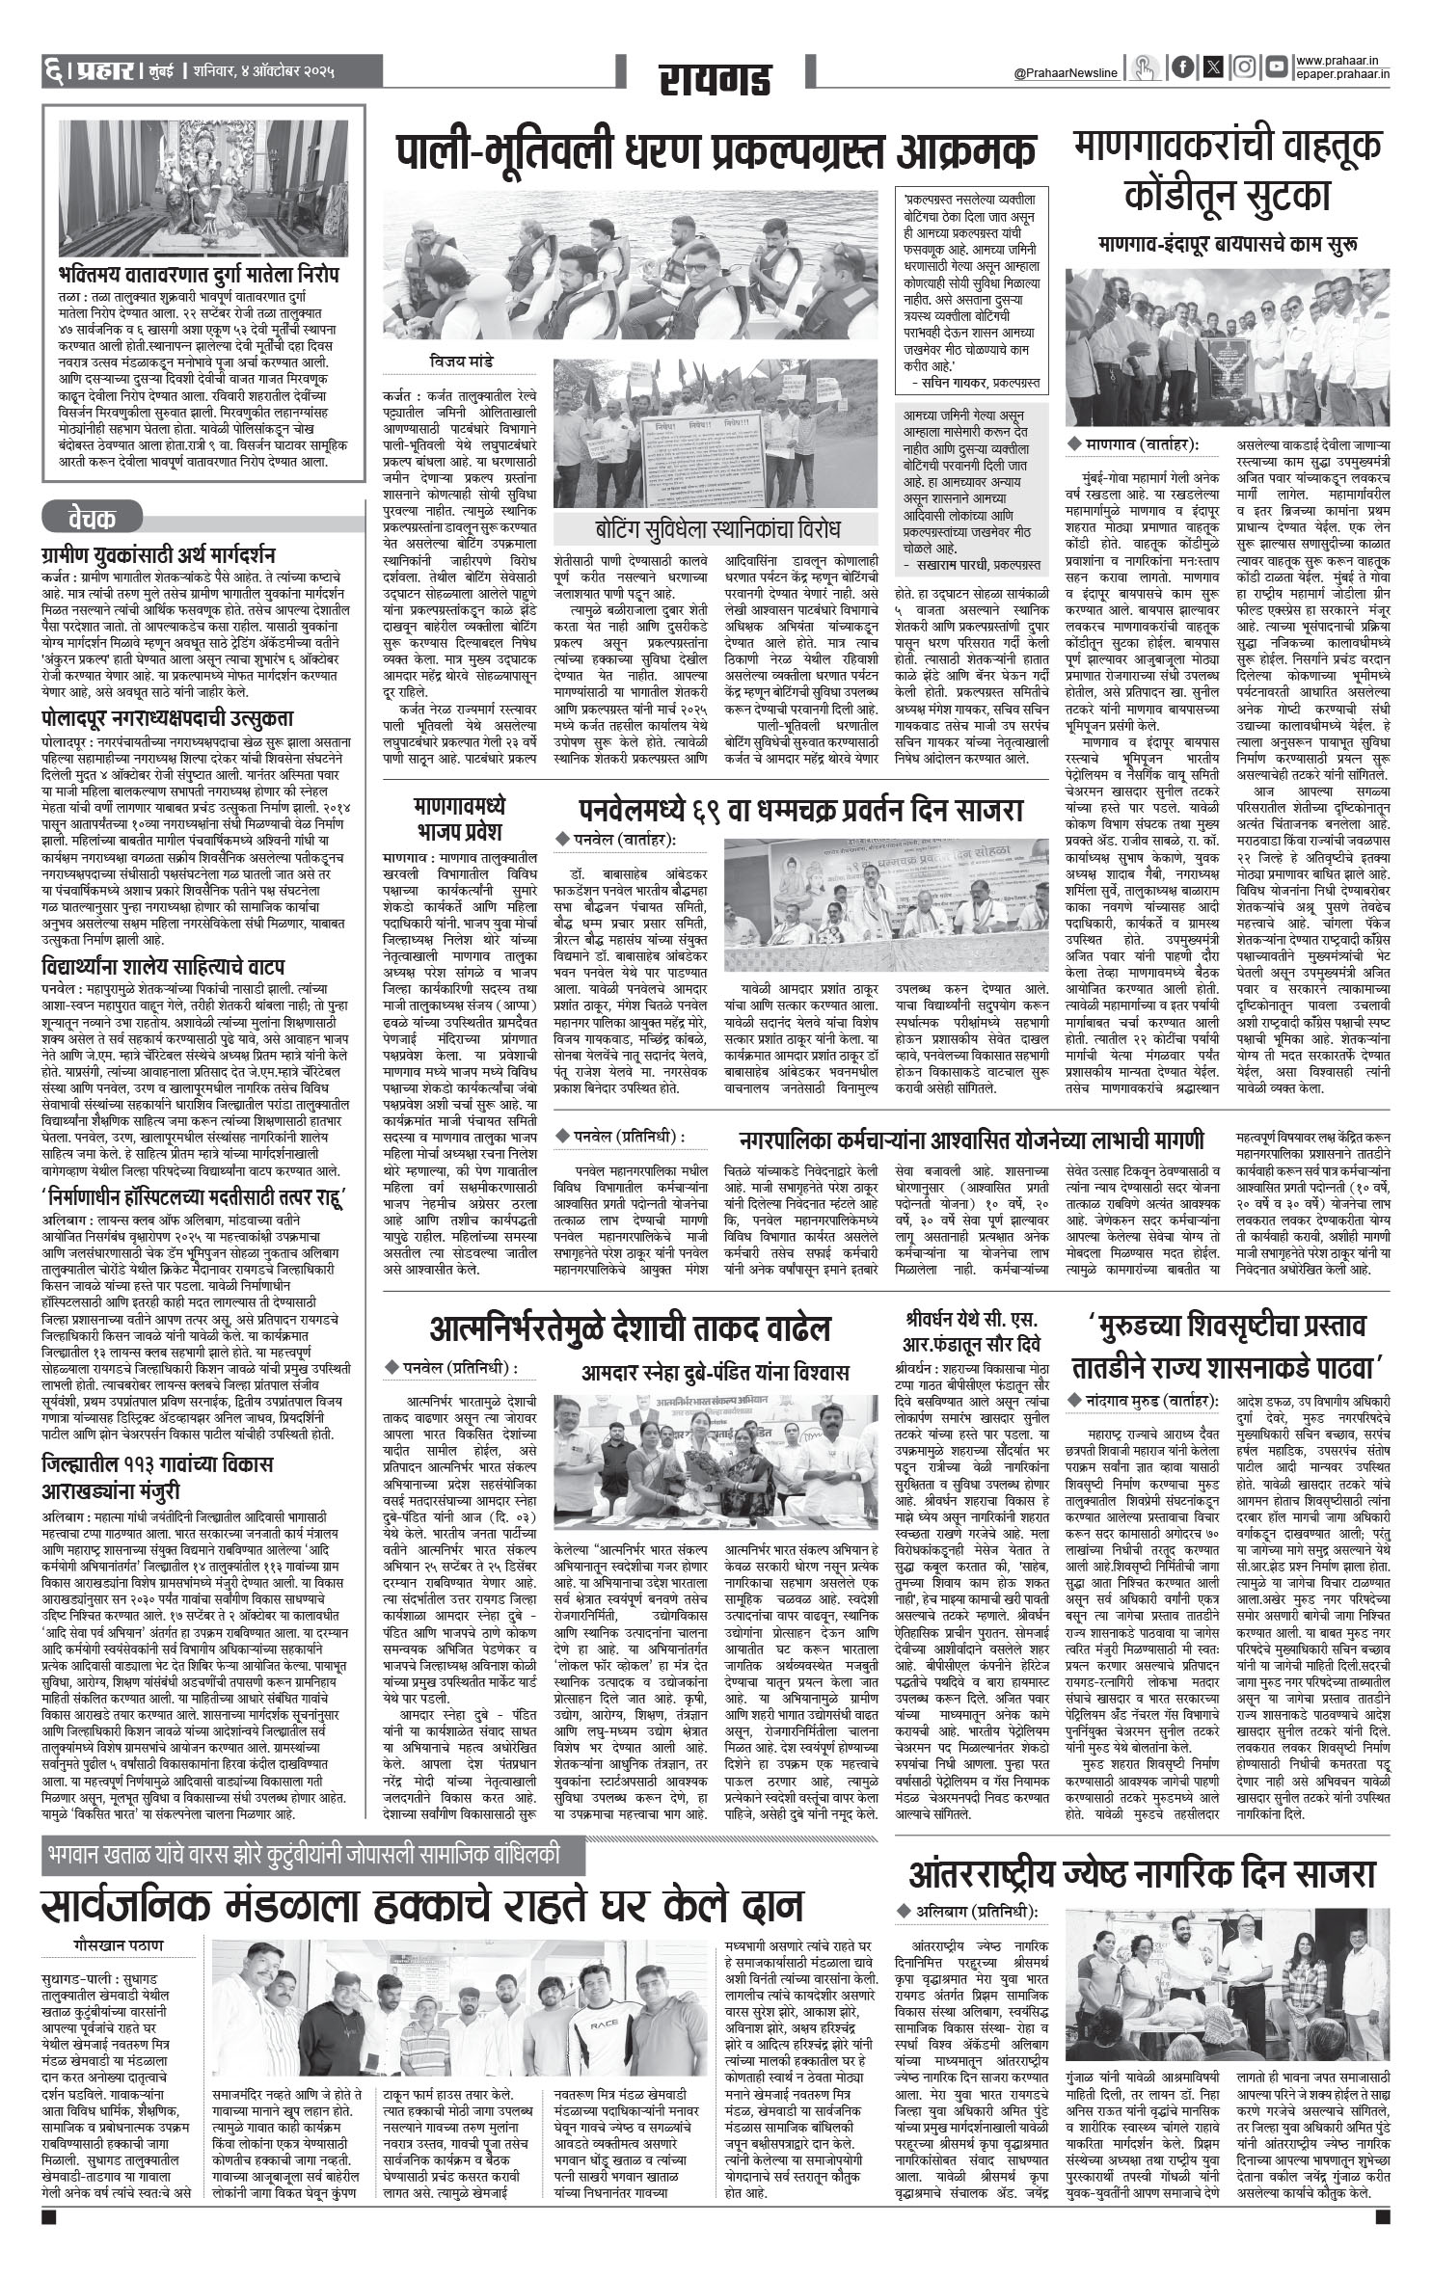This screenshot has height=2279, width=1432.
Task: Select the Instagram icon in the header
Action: click(x=1245, y=67)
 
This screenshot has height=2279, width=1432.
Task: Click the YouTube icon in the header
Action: click(x=1277, y=67)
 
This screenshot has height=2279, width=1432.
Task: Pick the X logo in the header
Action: click(x=1213, y=67)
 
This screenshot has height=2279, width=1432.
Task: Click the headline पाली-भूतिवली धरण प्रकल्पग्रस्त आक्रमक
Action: click(x=716, y=152)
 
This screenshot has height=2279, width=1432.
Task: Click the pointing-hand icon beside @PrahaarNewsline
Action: click(x=1146, y=67)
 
